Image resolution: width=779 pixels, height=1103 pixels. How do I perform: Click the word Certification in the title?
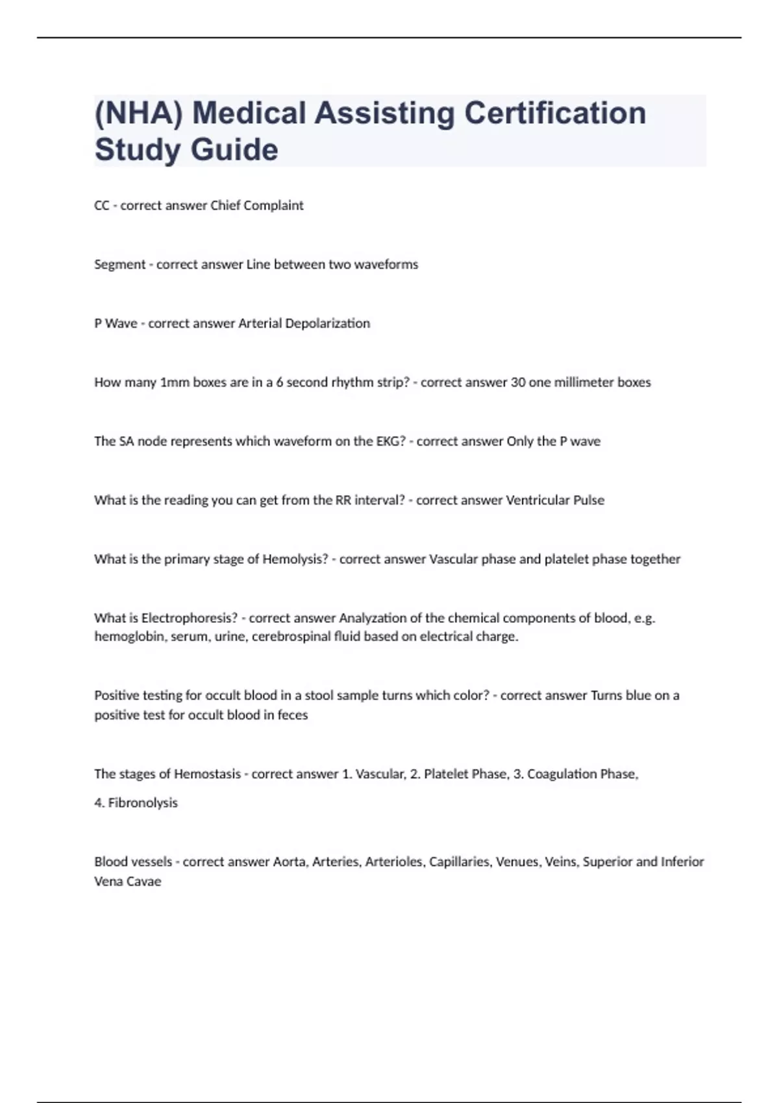pyautogui.click(x=555, y=113)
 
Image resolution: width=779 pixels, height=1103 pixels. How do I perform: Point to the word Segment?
pyautogui.click(x=120, y=265)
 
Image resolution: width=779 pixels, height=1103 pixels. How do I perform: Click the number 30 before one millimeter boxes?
pyautogui.click(x=518, y=382)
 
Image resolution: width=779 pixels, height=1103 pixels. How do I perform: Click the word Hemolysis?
pyautogui.click(x=295, y=559)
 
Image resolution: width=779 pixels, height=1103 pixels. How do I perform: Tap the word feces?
pyautogui.click(x=293, y=715)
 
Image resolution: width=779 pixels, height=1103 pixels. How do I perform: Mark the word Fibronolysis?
pyautogui.click(x=142, y=803)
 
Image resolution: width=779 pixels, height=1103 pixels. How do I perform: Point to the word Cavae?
pyautogui.click(x=143, y=882)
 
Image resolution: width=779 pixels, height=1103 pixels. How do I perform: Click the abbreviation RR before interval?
pyautogui.click(x=343, y=500)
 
